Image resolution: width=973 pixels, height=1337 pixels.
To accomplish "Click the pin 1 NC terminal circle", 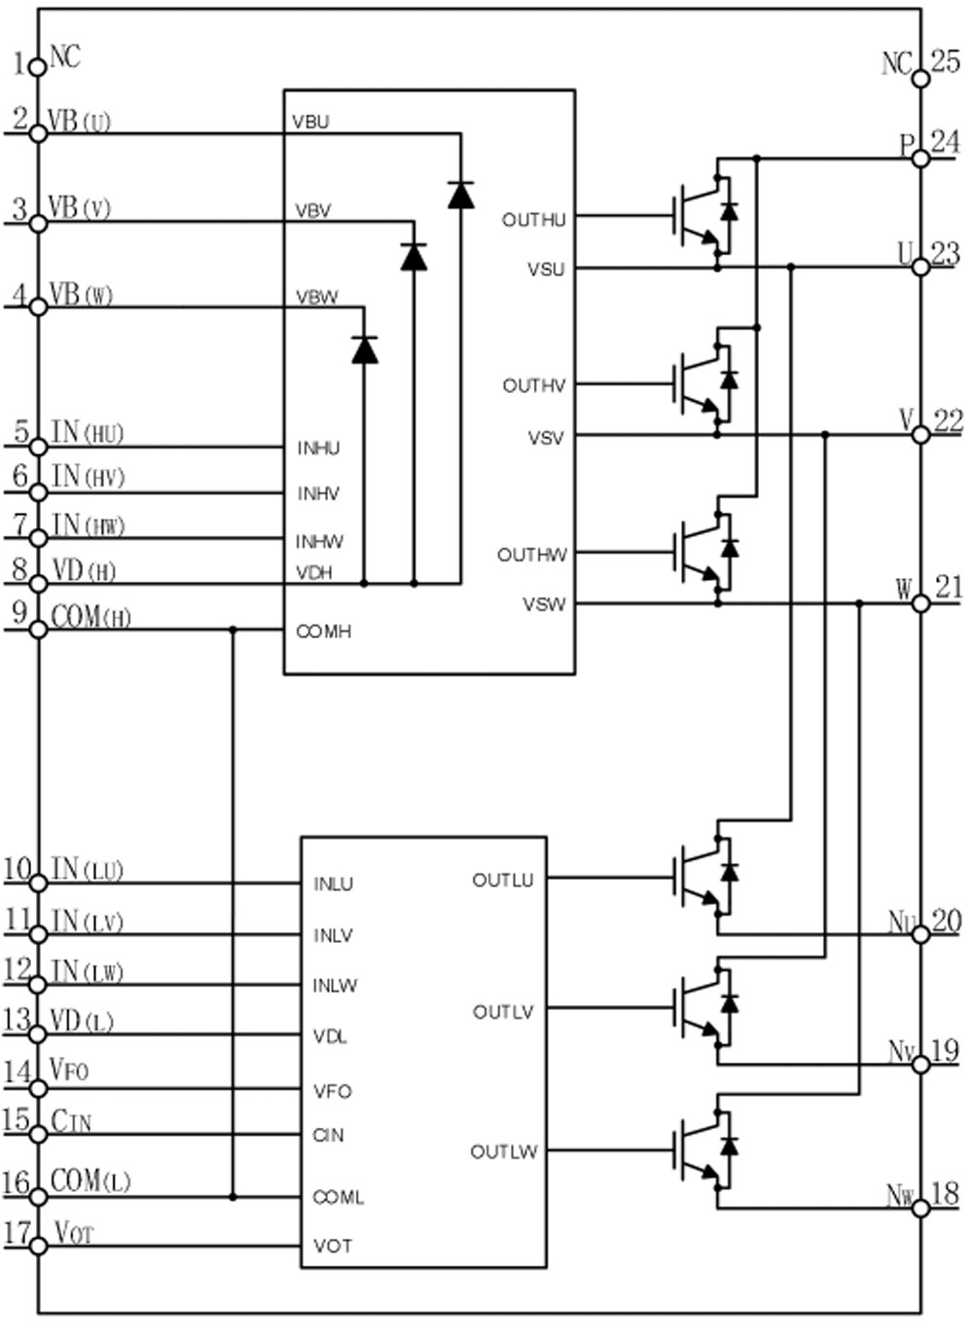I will coord(37,67).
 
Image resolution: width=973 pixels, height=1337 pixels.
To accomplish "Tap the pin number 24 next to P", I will coord(944,142).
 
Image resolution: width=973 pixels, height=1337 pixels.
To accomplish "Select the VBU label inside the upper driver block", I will coord(311,122).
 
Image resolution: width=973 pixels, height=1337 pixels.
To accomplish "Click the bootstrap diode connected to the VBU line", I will coord(460,195).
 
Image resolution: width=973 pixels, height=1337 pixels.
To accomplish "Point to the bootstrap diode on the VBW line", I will coord(365,349).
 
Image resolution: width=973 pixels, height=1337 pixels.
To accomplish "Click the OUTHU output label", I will coord(533,220).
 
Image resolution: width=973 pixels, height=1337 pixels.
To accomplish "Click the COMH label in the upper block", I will coord(323,632).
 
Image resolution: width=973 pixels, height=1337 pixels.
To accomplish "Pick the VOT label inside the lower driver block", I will coord(333,1246).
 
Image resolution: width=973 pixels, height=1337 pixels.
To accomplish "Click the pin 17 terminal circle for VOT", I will coord(38,1247).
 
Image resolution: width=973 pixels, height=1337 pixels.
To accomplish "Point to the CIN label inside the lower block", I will coord(328,1135).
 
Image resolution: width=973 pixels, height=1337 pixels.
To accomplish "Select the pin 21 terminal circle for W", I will coord(920,603).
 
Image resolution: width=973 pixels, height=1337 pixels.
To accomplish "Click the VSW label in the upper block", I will coord(544,604).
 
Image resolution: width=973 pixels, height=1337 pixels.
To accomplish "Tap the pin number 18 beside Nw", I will coord(945,1193).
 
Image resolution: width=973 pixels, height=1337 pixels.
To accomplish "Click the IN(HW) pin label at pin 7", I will coord(88,524).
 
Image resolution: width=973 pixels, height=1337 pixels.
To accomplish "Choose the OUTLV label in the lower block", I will coord(503,1012).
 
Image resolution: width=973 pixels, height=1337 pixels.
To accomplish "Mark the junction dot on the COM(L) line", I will coord(233,1196).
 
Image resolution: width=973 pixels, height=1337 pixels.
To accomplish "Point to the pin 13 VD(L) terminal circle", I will coord(38,1033).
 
